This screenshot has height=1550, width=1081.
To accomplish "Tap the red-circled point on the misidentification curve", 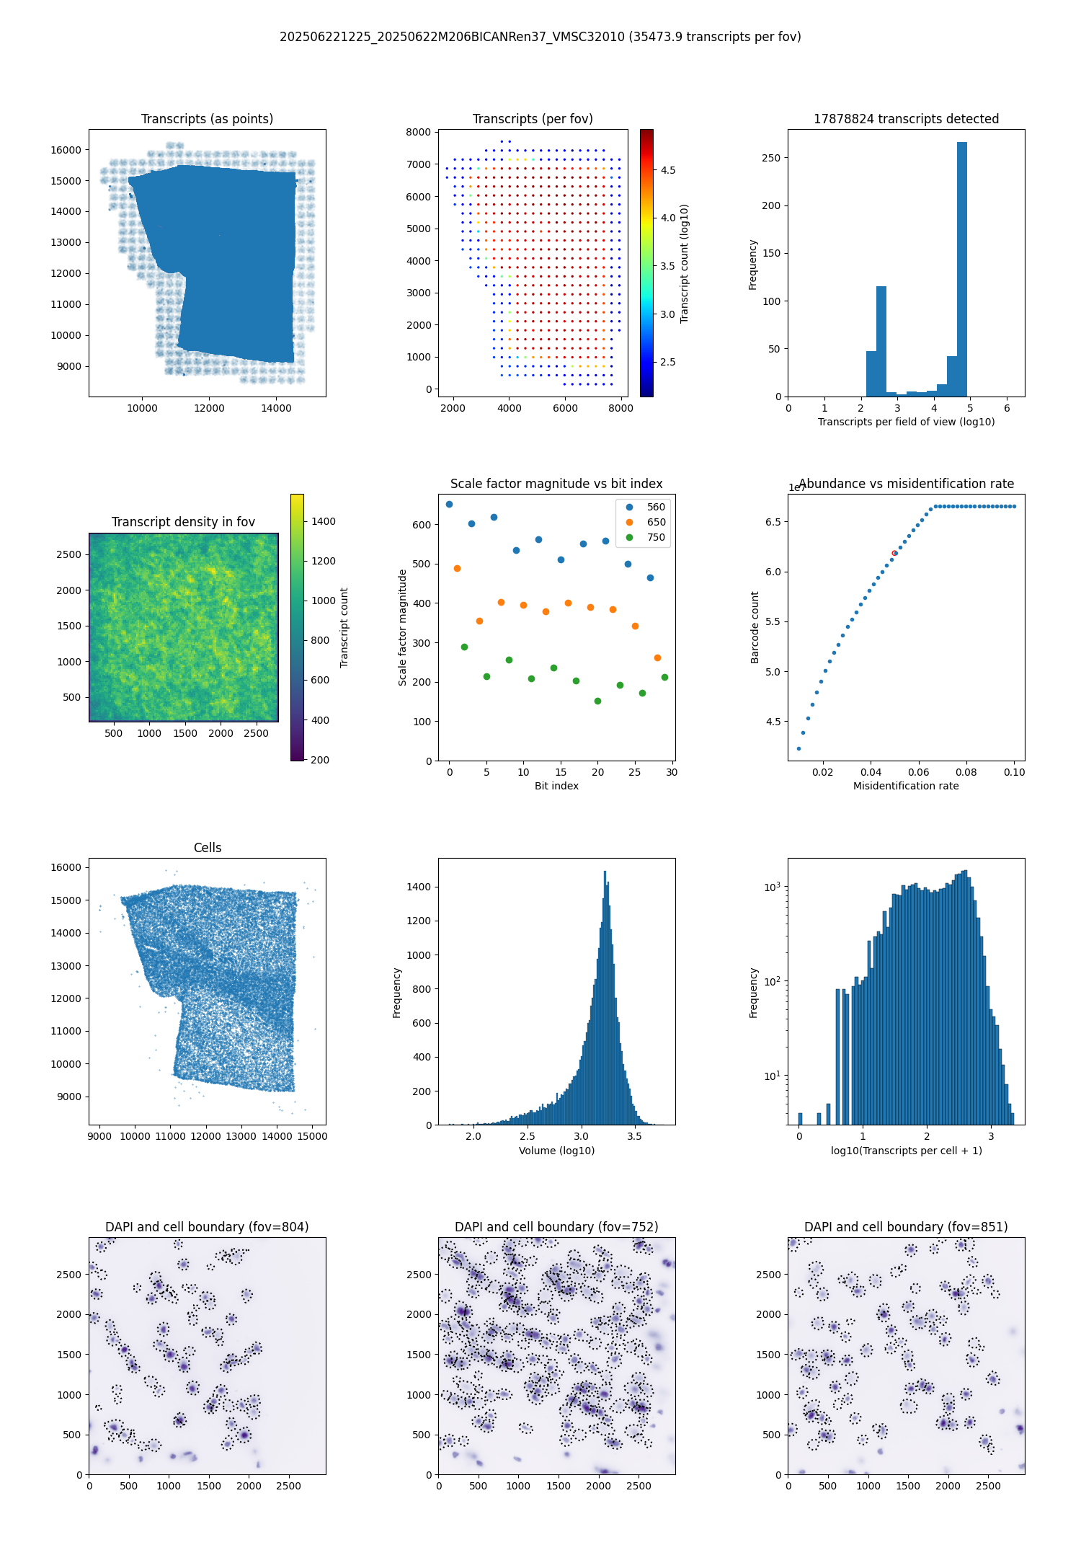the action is pyautogui.click(x=894, y=553).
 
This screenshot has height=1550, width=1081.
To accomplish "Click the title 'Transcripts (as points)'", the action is pyautogui.click(x=207, y=119).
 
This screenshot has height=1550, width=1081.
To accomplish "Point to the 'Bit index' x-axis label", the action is pyautogui.click(x=556, y=786).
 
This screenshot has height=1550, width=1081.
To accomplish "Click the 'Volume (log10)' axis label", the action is pyautogui.click(x=556, y=1151).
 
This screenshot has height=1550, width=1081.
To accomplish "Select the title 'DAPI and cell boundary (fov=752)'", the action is pyautogui.click(x=556, y=1227).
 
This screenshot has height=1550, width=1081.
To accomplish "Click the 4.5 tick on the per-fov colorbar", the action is pyautogui.click(x=668, y=170).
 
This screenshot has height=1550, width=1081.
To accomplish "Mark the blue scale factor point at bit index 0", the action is pyautogui.click(x=449, y=504).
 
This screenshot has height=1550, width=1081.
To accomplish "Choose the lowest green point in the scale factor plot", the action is pyautogui.click(x=597, y=701).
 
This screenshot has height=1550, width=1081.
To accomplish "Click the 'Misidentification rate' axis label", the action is pyautogui.click(x=906, y=786).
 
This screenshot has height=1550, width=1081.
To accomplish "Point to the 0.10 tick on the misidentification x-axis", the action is pyautogui.click(x=1014, y=772).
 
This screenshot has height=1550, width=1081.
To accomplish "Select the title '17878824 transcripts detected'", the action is pyautogui.click(x=906, y=119).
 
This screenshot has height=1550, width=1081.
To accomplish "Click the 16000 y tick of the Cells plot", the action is pyautogui.click(x=66, y=867).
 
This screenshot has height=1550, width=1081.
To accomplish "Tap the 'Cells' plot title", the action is pyautogui.click(x=208, y=848).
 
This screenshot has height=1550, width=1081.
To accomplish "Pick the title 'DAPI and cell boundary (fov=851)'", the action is pyautogui.click(x=906, y=1227).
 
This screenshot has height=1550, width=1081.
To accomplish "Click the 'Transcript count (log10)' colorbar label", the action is pyautogui.click(x=685, y=263).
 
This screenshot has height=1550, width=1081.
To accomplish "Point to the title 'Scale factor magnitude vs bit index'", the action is pyautogui.click(x=556, y=484).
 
